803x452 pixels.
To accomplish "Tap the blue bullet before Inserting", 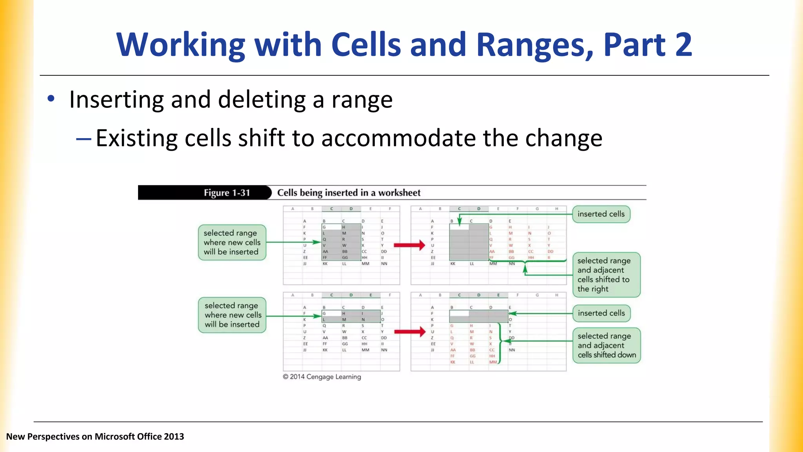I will pyautogui.click(x=51, y=99).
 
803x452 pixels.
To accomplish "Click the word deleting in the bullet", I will pyautogui.click(x=262, y=100).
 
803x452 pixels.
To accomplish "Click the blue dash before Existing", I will pyautogui.click(x=84, y=139).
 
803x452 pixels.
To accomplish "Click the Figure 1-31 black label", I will pyautogui.click(x=226, y=193).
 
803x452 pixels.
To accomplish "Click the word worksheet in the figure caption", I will pyautogui.click(x=399, y=193).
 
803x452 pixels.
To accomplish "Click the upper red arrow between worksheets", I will pyautogui.click(x=409, y=245).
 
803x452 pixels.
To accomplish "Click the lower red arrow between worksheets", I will pyautogui.click(x=409, y=332).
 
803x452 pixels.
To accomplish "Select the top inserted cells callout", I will pyautogui.click(x=601, y=214).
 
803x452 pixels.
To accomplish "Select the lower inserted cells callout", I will pyautogui.click(x=601, y=313).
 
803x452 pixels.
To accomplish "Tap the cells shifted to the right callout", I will pyautogui.click(x=606, y=275).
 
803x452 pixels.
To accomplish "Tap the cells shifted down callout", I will pyautogui.click(x=606, y=345).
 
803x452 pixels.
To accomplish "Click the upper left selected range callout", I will pyautogui.click(x=232, y=242).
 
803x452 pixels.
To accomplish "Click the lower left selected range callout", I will pyautogui.click(x=232, y=315).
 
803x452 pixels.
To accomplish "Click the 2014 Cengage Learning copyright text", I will pyautogui.click(x=322, y=377).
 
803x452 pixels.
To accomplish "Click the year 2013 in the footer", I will pyautogui.click(x=174, y=437).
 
